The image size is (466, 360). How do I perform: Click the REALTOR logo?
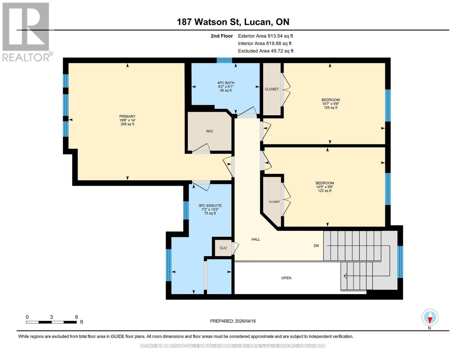(26, 31)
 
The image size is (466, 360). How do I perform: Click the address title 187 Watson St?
(233, 22)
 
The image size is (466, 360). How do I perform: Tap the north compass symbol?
(430, 317)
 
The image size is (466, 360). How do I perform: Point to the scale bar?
(51, 322)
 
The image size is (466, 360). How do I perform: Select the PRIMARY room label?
(127, 116)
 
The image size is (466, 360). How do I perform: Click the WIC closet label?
(209, 131)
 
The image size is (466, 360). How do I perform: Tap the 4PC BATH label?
(226, 83)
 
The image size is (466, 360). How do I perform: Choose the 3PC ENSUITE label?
(210, 205)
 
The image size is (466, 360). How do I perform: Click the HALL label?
(256, 239)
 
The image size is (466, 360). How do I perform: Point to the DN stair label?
(316, 246)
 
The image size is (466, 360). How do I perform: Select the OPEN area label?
(286, 278)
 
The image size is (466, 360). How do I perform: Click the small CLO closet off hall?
(223, 248)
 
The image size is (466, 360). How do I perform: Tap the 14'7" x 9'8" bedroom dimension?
(331, 104)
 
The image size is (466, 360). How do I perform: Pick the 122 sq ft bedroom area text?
(325, 191)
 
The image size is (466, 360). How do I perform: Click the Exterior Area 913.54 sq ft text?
(265, 36)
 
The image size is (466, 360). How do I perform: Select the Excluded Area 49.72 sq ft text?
(266, 51)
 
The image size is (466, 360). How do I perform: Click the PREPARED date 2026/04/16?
(233, 321)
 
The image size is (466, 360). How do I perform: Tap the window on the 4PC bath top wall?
(224, 60)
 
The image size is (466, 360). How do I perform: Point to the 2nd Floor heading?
(222, 36)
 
